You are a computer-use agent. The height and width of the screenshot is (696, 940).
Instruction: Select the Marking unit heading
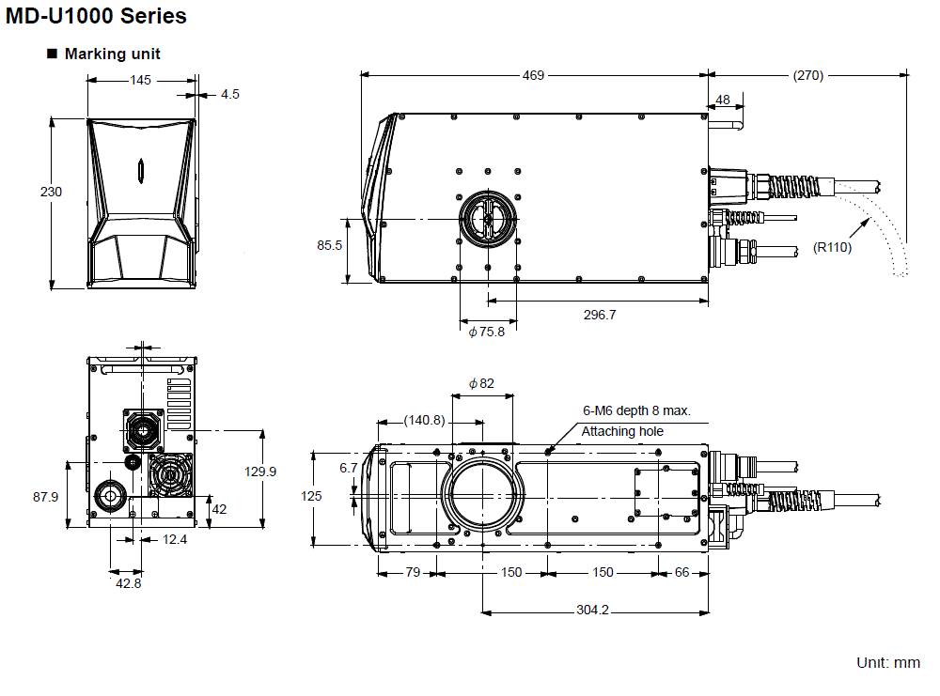112,54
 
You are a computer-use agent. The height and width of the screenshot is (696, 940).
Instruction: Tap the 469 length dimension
533,76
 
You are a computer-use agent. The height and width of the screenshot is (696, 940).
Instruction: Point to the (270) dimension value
807,76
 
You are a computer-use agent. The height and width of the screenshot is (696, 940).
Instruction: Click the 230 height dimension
51,192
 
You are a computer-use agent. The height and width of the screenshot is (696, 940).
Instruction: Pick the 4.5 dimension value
230,94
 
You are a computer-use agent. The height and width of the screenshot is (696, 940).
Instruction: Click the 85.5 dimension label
329,246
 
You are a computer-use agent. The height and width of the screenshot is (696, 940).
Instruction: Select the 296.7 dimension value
599,315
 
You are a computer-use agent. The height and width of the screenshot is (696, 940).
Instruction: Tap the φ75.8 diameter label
486,331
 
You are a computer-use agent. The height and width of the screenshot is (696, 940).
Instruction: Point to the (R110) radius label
832,248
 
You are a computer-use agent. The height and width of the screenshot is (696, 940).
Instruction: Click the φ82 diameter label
480,382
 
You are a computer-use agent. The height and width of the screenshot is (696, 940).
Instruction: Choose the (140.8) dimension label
424,420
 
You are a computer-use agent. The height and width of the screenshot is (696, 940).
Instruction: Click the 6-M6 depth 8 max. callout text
636,410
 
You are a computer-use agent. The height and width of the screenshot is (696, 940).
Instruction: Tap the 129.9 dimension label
260,472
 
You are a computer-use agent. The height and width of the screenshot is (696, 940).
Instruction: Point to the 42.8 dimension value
128,583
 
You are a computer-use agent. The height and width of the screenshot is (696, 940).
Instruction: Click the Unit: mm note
887,662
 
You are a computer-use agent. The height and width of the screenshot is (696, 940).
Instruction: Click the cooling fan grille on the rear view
169,477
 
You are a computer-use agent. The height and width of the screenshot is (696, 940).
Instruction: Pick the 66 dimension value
682,572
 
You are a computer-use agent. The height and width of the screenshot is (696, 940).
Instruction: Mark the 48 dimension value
723,100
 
